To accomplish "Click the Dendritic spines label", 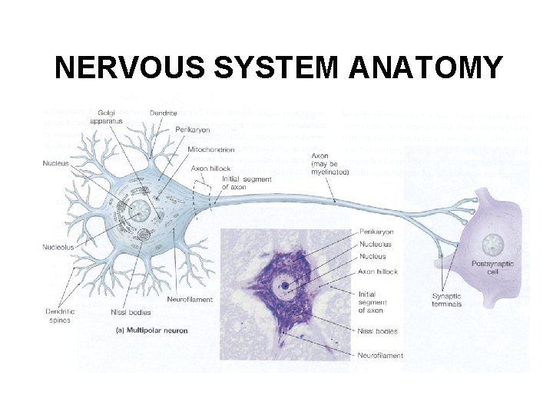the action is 58,315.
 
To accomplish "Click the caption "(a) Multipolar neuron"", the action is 151,330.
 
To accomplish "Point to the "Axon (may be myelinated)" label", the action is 329,164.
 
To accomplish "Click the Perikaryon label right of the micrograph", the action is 376,231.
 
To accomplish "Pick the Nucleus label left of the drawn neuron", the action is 56,163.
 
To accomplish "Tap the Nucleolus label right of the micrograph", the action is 374,245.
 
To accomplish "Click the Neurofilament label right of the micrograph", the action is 380,355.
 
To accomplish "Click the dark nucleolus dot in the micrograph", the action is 286,286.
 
